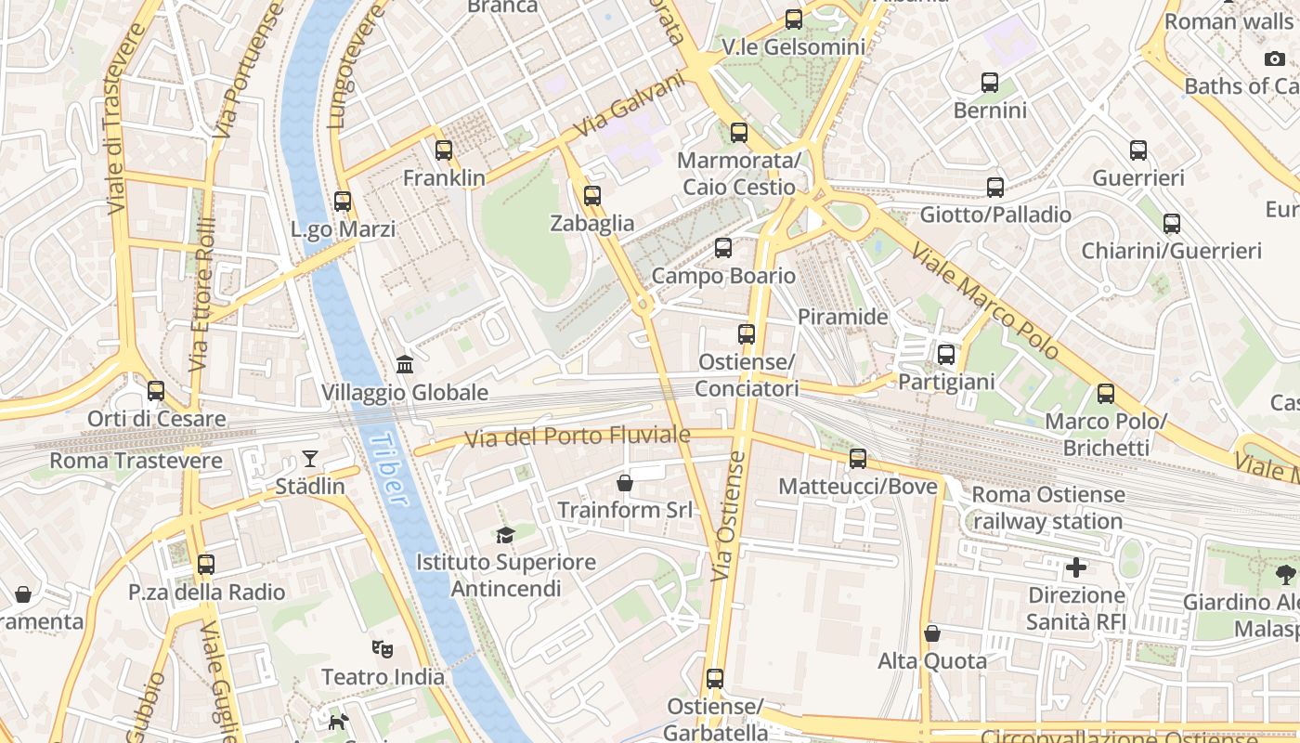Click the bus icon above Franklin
444,150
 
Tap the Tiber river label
386,470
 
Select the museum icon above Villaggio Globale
404,364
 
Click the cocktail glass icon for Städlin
309,458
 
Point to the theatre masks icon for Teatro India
382,648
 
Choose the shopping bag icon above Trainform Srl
625,482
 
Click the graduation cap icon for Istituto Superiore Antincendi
505,534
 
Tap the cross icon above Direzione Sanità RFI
1076,567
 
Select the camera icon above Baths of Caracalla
1275,59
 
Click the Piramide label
842,317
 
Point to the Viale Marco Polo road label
984,300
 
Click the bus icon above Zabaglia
592,195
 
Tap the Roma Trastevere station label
136,461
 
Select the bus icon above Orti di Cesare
156,391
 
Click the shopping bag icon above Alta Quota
932,633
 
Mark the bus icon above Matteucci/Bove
858,458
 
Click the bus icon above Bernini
990,83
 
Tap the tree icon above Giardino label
1285,574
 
